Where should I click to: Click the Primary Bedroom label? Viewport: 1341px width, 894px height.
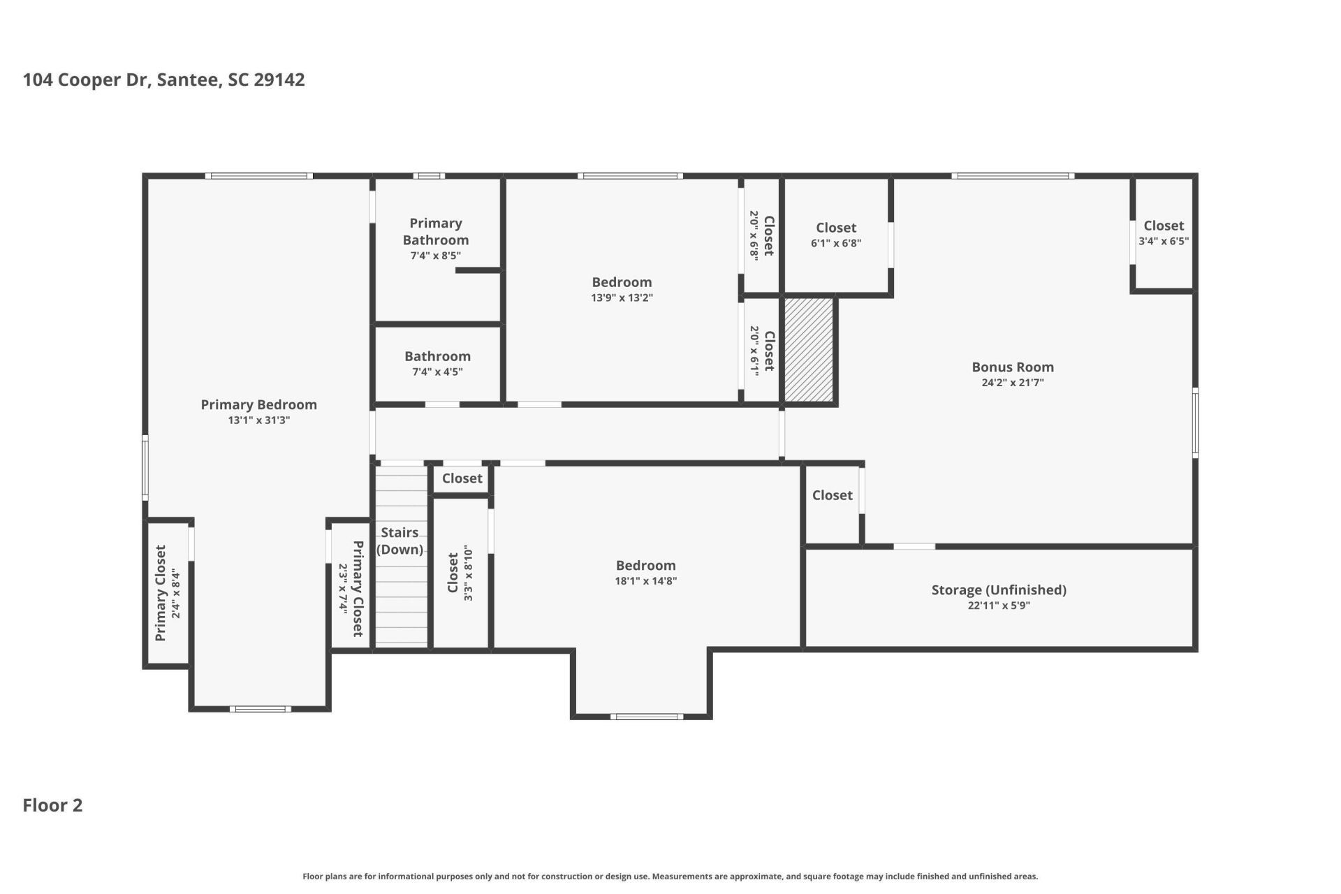pos(258,404)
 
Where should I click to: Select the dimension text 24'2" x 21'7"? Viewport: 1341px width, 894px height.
pos(1012,383)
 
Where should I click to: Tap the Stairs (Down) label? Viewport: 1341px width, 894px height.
pos(400,541)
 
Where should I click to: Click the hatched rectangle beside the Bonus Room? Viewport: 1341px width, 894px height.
pos(809,349)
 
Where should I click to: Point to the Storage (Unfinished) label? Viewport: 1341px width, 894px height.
pos(998,589)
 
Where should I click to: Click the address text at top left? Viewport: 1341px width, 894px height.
pos(163,80)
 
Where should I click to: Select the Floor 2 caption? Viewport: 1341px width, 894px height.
pos(52,805)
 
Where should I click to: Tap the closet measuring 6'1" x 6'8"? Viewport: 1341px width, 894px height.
pos(835,235)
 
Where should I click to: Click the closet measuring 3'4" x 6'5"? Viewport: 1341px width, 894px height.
pos(1163,233)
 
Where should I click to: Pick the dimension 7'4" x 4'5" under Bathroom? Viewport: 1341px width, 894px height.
pos(437,372)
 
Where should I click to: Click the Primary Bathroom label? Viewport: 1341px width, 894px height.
pos(435,231)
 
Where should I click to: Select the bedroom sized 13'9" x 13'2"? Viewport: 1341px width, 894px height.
pos(622,289)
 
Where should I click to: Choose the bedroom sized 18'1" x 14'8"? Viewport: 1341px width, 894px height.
pos(645,572)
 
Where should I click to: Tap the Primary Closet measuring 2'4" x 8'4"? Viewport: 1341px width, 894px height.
pos(168,592)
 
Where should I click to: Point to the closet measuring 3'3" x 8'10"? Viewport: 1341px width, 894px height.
pos(460,573)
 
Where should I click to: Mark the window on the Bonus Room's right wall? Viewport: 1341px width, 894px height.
pos(1195,423)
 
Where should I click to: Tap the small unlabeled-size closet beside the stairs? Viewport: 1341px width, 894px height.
pos(461,478)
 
